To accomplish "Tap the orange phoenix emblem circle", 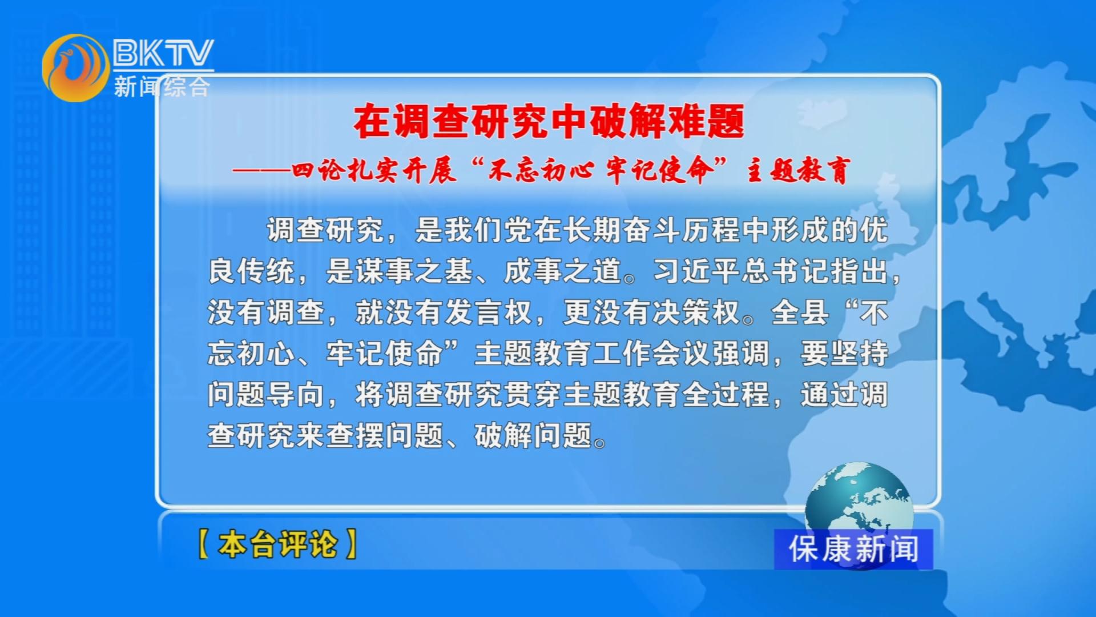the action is point(75,68).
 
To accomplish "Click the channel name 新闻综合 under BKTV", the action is point(162,87).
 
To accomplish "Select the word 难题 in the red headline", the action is point(706,122).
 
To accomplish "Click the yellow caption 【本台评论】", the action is point(278,544).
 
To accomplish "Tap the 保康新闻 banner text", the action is point(853,549).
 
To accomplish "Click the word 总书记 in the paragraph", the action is point(786,271).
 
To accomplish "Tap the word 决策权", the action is point(696,312).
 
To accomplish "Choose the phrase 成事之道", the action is point(563,271).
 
